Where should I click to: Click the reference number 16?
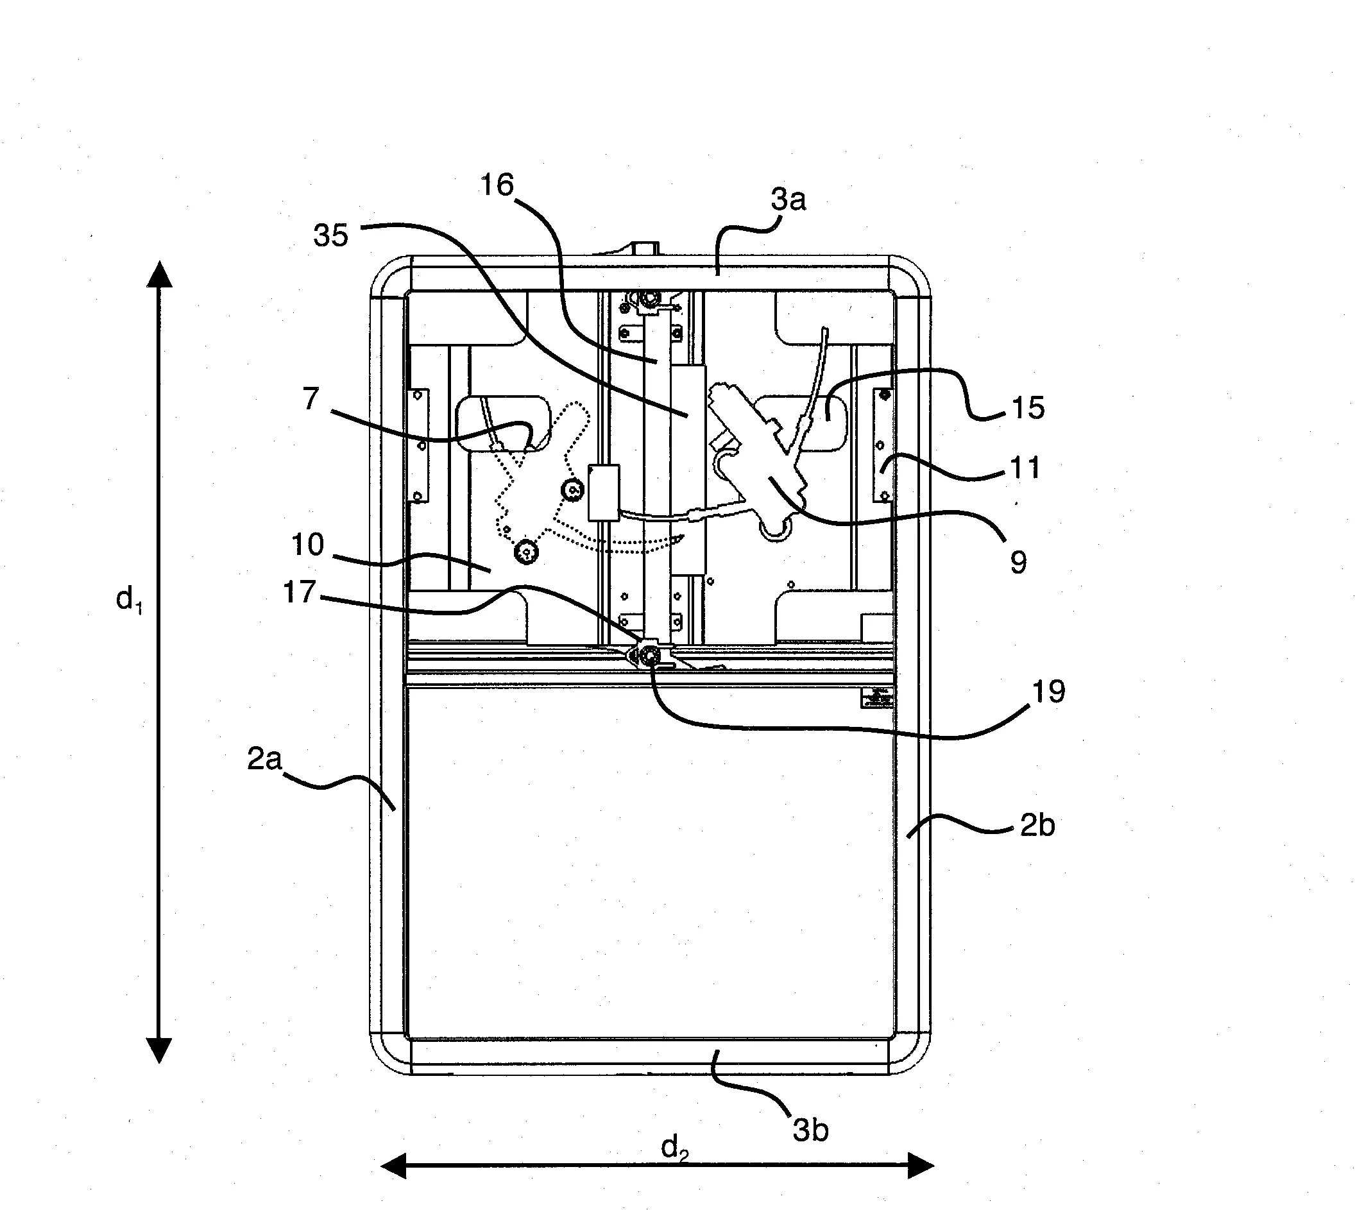(x=497, y=185)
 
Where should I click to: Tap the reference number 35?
(x=331, y=235)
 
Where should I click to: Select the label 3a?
(x=788, y=200)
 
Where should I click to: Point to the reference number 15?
(x=1027, y=407)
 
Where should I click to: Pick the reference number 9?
(x=1018, y=562)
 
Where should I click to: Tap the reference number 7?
(x=311, y=399)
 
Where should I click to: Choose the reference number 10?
(x=307, y=545)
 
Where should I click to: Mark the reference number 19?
(x=1048, y=692)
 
